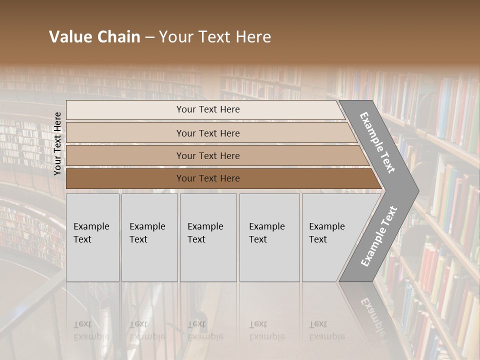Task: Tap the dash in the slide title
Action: coord(149,37)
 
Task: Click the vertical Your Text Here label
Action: coord(57,143)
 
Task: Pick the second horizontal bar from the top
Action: coord(208,133)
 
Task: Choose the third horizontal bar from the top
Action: coord(208,155)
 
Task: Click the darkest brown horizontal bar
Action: coord(208,178)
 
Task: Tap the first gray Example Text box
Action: coord(92,237)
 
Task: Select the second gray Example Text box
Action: coord(149,237)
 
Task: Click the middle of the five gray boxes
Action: coord(208,237)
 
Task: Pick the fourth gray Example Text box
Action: coord(269,237)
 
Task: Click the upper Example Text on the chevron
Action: coord(378,142)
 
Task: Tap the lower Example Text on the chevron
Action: coord(379,236)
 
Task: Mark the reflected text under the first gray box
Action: coord(91,330)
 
